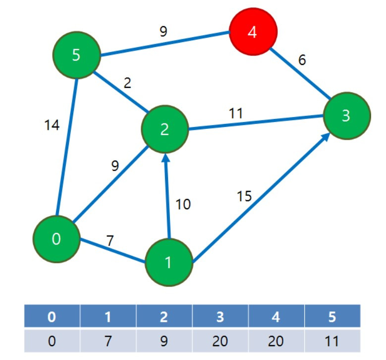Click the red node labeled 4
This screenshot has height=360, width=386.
(253, 32)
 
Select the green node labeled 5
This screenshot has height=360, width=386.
(77, 55)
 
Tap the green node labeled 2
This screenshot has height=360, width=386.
(165, 129)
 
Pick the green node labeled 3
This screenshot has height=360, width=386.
(347, 116)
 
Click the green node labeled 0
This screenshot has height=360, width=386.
(56, 239)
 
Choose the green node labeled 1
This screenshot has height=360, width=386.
(168, 262)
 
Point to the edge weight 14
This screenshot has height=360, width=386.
(52, 125)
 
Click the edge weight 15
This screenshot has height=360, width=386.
(244, 196)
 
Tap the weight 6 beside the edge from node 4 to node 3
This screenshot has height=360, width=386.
(302, 60)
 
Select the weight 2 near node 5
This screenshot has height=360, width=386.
(127, 83)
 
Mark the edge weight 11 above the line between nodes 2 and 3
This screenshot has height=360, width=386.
(236, 114)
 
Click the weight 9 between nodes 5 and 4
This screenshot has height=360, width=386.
(163, 31)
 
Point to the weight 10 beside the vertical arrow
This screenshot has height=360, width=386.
(183, 204)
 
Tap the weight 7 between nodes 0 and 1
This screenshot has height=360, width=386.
(110, 240)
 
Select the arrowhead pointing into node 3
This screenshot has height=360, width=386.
(326, 137)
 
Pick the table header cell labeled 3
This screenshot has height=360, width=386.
(220, 316)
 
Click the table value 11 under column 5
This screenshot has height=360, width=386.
(332, 341)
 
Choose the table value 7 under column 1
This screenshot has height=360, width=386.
(108, 341)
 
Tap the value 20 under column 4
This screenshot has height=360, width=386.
(276, 341)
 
